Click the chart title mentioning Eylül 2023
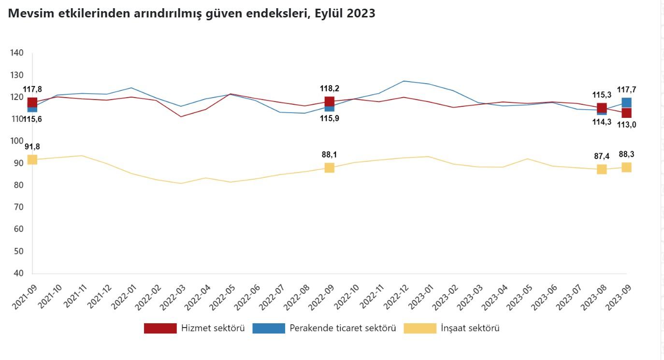(x=191, y=14)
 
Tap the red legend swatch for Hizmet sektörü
(x=160, y=328)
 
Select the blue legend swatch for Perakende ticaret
(x=269, y=328)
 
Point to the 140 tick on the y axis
(x=17, y=53)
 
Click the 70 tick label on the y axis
(x=18, y=207)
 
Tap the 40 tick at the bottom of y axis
(x=18, y=273)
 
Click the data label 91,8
(x=33, y=146)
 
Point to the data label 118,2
(x=329, y=88)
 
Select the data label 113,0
(x=626, y=124)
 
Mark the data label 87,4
(x=602, y=156)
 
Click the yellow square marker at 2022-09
(x=329, y=168)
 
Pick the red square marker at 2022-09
(x=329, y=101)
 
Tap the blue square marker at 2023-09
(x=626, y=102)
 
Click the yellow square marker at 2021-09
(x=32, y=159)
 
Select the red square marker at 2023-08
(x=602, y=108)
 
